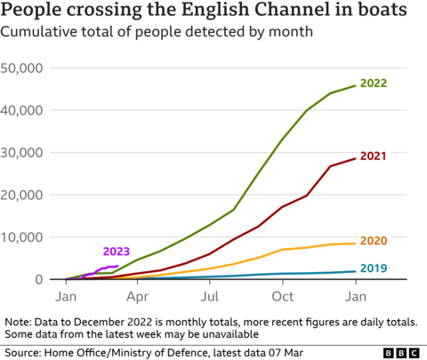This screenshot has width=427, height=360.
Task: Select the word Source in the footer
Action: [x=23, y=353]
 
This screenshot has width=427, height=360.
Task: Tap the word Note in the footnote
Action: [x=19, y=320]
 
